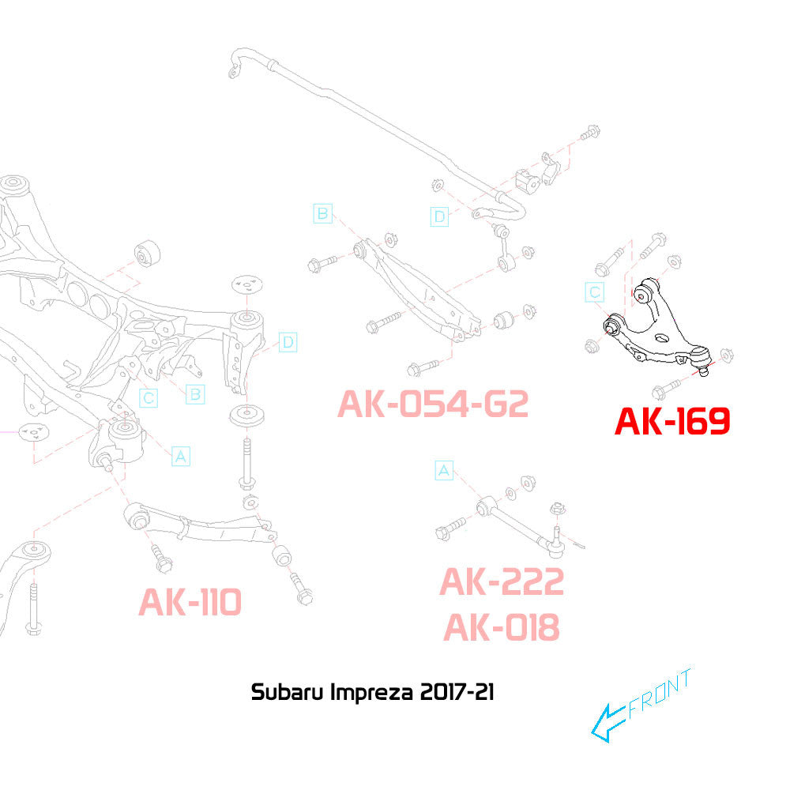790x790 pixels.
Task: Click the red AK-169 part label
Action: [672, 421]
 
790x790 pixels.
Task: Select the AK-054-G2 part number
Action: [432, 404]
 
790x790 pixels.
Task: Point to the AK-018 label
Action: [502, 628]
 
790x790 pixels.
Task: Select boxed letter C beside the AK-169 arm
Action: [595, 293]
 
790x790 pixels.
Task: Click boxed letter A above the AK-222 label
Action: [444, 472]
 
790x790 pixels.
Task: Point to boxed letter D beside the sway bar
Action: [439, 216]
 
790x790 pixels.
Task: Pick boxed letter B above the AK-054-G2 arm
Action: [322, 213]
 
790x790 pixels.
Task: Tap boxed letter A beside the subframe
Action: [181, 455]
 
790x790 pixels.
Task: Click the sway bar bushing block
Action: [528, 179]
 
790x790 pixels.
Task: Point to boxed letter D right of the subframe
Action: [288, 342]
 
